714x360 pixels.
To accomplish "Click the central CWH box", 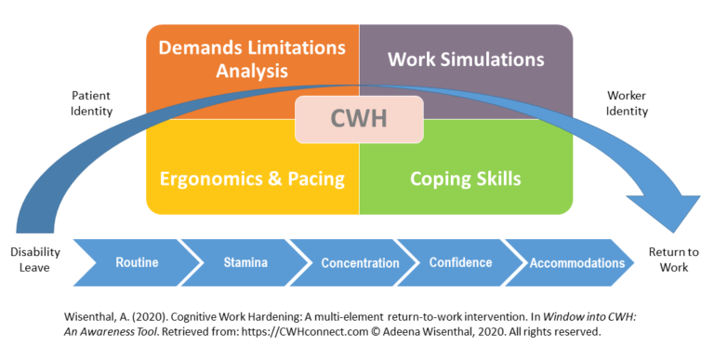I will (359, 120).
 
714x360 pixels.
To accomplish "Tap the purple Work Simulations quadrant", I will (465, 60).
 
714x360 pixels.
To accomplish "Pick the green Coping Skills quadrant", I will (465, 178).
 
